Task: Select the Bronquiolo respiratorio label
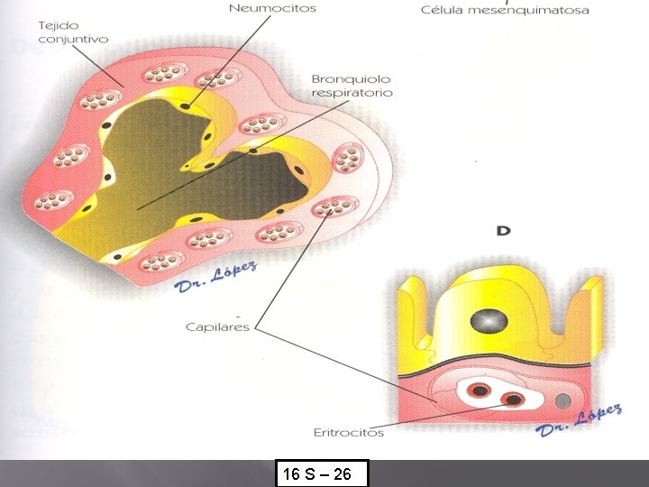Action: click(352, 86)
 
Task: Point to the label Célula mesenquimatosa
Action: click(505, 11)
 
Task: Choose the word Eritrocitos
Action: click(349, 433)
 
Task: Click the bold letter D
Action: click(504, 231)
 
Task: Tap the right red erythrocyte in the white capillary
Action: click(515, 400)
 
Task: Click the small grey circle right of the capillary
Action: click(563, 400)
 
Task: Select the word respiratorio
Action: click(352, 93)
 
